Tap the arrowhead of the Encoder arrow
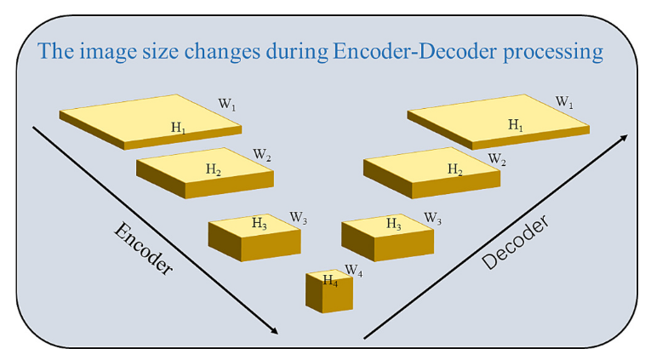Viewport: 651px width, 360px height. click(273, 330)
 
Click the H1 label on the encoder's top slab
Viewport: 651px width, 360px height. click(179, 128)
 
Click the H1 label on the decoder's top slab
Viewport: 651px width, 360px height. click(516, 124)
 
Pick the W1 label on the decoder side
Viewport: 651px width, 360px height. click(564, 102)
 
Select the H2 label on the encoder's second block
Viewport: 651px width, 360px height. click(214, 169)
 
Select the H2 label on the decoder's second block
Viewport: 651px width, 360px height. click(456, 170)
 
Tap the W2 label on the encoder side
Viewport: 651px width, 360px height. click(262, 156)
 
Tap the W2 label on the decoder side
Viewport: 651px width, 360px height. click(497, 159)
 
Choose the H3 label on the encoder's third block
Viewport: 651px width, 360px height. click(260, 223)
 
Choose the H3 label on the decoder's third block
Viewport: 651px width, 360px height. click(393, 223)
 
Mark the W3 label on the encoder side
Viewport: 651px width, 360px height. click(298, 218)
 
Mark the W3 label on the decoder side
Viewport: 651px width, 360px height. click(432, 218)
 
